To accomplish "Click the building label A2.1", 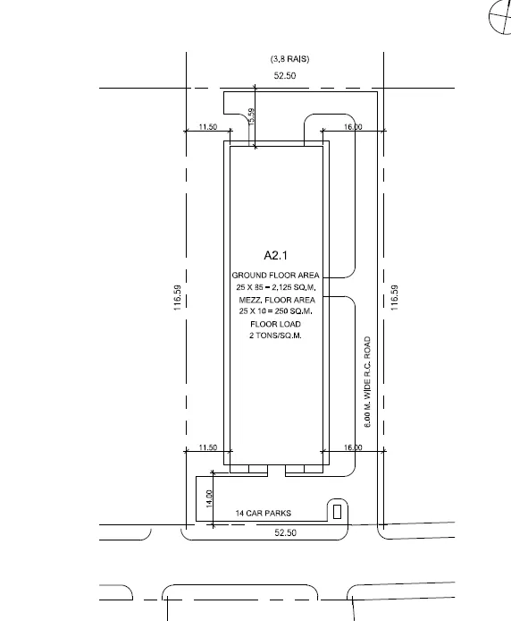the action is [x=276, y=255].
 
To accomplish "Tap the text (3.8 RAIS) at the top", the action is [x=290, y=59].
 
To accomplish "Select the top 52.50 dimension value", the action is [x=285, y=75].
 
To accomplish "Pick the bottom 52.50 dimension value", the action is [x=285, y=532].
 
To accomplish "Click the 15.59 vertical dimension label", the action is [x=252, y=117].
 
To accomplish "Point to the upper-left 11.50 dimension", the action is [x=208, y=127].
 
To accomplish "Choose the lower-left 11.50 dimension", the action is [x=208, y=447].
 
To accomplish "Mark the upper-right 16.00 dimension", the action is [x=353, y=127].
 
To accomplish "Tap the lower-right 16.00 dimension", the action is [x=353, y=447].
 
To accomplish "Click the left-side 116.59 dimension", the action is [x=178, y=298].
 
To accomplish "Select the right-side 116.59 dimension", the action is [x=394, y=298].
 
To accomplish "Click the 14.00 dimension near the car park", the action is [x=209, y=498].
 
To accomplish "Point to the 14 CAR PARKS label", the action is [x=264, y=514].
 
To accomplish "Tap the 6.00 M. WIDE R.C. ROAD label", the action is [x=367, y=382].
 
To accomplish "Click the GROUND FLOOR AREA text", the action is [x=275, y=276].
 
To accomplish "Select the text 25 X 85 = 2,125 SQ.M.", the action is [x=276, y=287].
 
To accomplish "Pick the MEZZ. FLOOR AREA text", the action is [x=277, y=300].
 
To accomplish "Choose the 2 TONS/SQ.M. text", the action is [x=275, y=336].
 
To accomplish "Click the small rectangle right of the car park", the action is [x=337, y=512].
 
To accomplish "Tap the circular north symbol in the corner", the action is [x=500, y=17].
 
